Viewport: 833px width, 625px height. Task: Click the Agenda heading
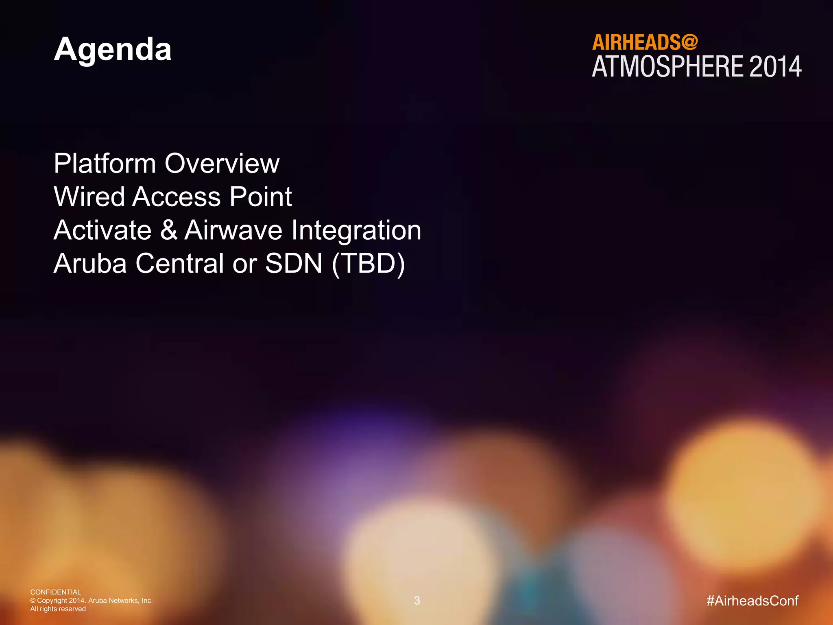click(113, 50)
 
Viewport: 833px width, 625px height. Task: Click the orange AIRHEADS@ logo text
click(645, 42)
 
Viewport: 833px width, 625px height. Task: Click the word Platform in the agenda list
click(105, 164)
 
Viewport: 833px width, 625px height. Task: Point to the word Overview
click(222, 164)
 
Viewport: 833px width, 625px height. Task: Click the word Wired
click(89, 197)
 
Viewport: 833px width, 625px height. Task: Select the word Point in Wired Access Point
click(260, 197)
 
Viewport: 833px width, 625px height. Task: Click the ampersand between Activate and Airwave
click(168, 230)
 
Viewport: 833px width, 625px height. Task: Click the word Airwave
click(233, 230)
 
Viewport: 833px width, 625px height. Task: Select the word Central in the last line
click(179, 264)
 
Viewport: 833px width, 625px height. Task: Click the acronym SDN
click(294, 264)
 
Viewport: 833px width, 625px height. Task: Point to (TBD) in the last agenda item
click(368, 264)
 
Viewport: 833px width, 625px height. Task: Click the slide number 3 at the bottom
click(417, 601)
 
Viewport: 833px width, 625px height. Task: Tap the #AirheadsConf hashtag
click(752, 601)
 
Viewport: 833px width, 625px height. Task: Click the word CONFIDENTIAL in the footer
click(56, 592)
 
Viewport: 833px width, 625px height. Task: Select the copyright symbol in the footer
click(33, 601)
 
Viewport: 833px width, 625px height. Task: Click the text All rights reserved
click(58, 609)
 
